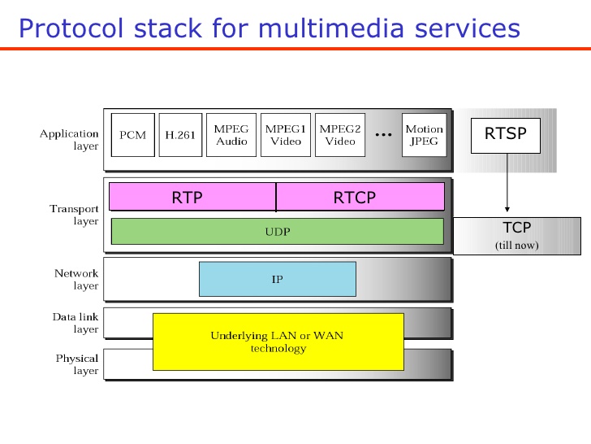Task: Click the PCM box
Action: click(132, 135)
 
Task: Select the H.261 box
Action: click(180, 135)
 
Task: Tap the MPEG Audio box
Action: click(231, 135)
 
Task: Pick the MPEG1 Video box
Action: click(286, 135)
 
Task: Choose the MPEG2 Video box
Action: click(340, 135)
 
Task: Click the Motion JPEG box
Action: click(424, 135)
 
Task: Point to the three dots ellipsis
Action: click(384, 134)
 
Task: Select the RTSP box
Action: click(506, 136)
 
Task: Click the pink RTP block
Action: click(192, 197)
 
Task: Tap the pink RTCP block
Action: click(360, 197)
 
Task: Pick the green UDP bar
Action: click(278, 231)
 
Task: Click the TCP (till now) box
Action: click(517, 236)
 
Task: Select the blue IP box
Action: click(278, 279)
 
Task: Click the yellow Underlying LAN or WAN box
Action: click(278, 342)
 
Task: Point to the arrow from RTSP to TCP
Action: click(507, 183)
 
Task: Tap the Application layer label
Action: click(69, 140)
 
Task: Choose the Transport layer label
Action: click(74, 215)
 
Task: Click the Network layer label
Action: click(76, 280)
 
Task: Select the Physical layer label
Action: click(77, 364)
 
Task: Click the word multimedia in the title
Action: click(331, 28)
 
